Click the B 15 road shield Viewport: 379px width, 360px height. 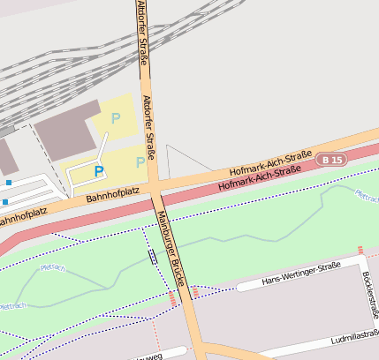click(x=333, y=159)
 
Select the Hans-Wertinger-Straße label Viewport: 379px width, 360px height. click(x=301, y=274)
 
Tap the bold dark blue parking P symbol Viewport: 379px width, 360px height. click(x=99, y=171)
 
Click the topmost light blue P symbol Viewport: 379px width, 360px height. click(x=115, y=117)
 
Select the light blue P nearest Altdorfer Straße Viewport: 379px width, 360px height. click(x=140, y=161)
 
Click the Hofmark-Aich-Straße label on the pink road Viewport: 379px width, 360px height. click(x=258, y=179)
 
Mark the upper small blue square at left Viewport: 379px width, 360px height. click(x=8, y=183)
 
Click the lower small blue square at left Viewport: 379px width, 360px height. click(x=4, y=202)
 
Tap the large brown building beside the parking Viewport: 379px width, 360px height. click(x=66, y=131)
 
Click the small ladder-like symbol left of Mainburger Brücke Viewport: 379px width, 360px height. click(x=153, y=257)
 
